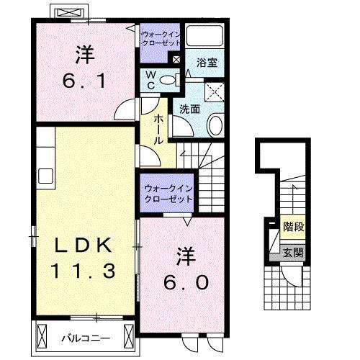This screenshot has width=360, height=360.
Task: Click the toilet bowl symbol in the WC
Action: pos(168,80)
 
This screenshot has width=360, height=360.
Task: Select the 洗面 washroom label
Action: pos(189,109)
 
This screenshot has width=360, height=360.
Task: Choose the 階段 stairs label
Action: pos(292,227)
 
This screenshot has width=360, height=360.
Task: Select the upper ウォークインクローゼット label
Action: pos(161,38)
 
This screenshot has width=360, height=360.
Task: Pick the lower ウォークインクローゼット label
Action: pos(168,193)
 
